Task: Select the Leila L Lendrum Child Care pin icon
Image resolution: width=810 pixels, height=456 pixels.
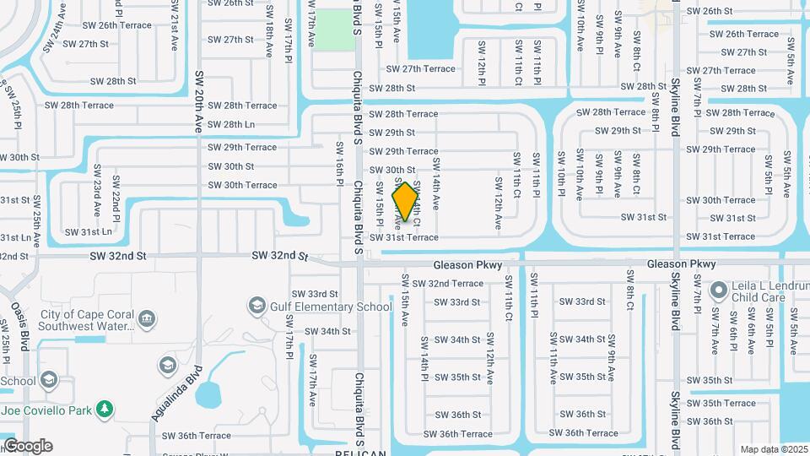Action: coord(718,292)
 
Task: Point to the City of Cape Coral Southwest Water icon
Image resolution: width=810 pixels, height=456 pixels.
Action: coord(148,319)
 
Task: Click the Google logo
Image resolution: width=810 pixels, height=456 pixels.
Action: coord(28,446)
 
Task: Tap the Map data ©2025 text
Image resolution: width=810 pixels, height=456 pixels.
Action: coord(774,449)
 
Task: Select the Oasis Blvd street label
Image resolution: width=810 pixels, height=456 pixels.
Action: coord(18,318)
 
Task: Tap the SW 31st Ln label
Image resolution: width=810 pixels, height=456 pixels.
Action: coord(89,231)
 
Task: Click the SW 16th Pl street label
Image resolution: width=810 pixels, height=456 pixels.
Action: coord(339,170)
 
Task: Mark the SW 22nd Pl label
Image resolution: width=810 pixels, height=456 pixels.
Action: coord(116,195)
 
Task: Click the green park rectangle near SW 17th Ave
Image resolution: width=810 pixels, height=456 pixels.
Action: coord(335,30)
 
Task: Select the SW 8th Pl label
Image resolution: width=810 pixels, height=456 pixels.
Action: coord(656,113)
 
